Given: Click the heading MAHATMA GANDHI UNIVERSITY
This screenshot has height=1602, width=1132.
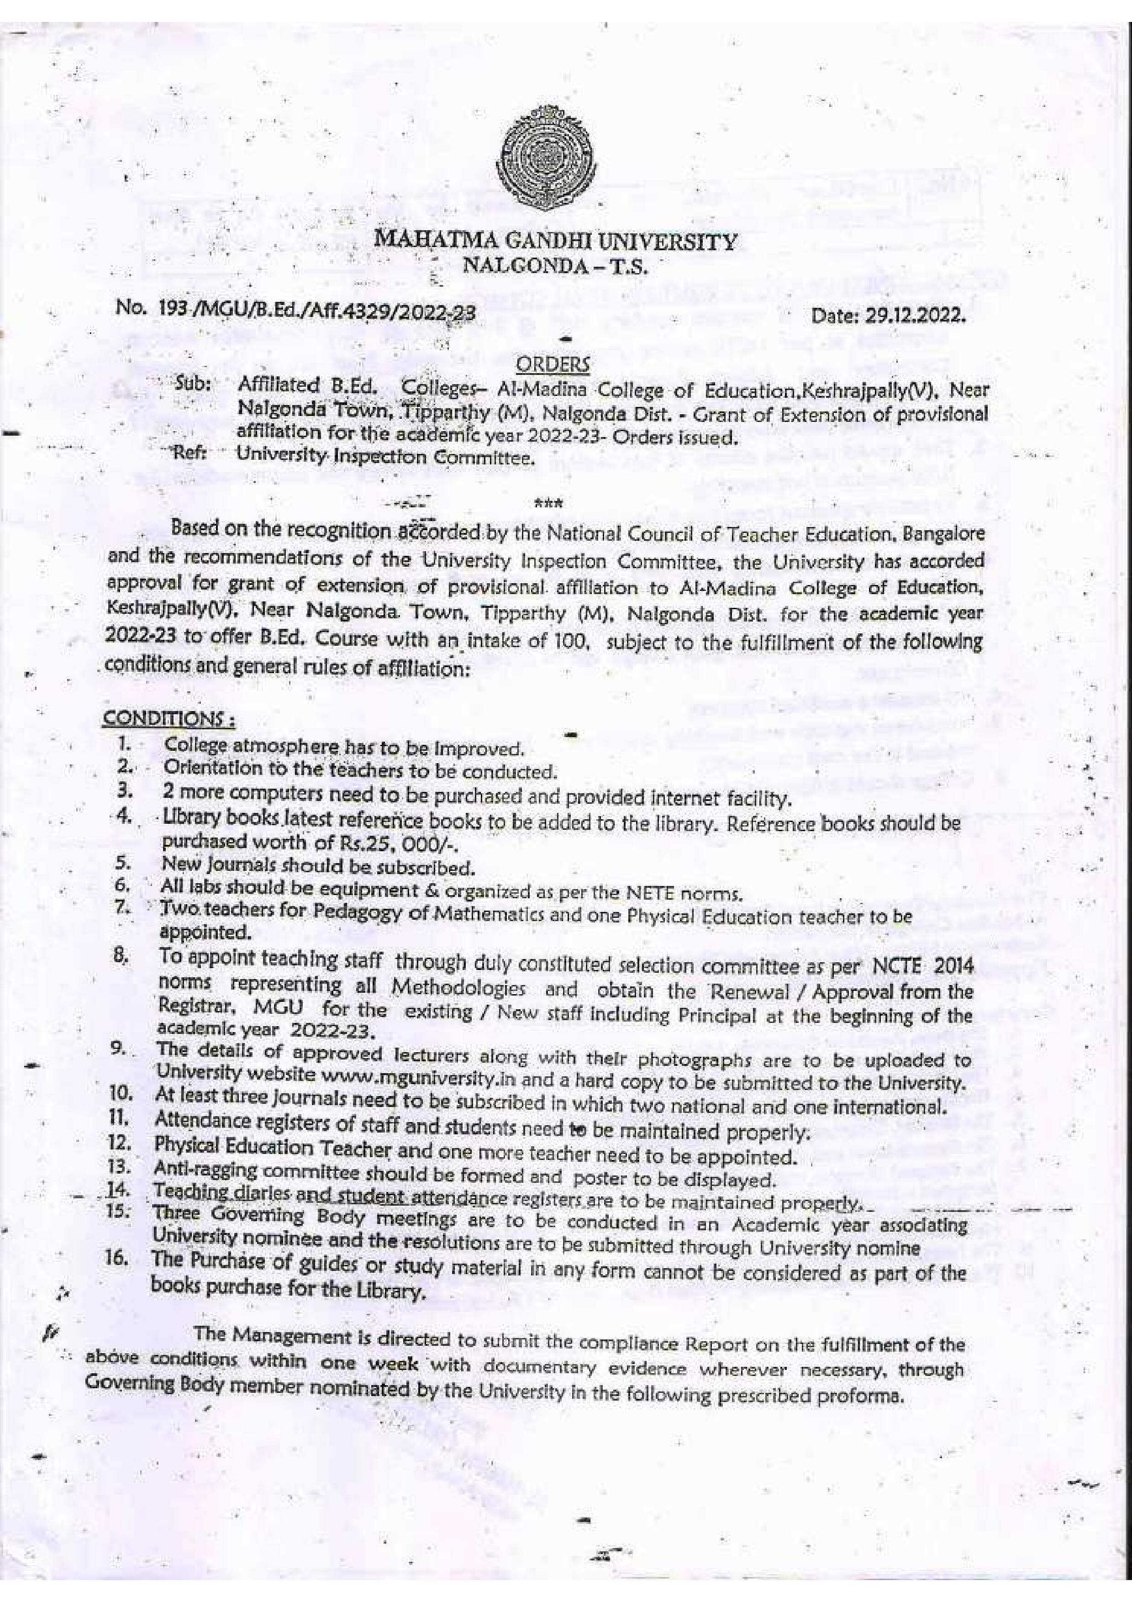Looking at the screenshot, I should [556, 242].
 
